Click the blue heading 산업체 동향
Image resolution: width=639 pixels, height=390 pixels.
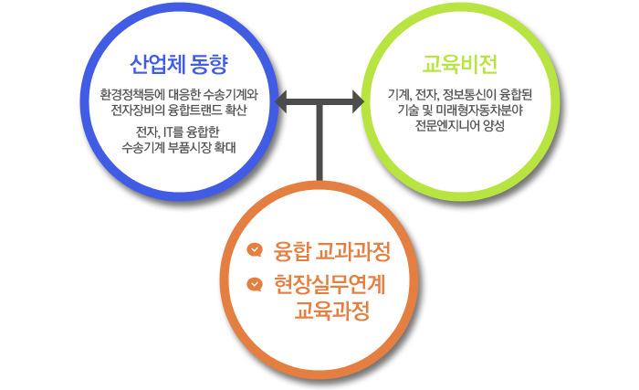pyautogui.click(x=179, y=65)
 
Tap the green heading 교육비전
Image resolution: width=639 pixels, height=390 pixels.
pyautogui.click(x=460, y=65)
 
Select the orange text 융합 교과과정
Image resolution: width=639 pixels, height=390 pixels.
pyautogui.click(x=332, y=251)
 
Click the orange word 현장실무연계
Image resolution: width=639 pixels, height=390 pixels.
pyautogui.click(x=330, y=284)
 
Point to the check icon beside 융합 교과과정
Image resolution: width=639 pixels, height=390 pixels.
pyautogui.click(x=255, y=249)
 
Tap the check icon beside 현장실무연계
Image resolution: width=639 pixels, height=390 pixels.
pyautogui.click(x=255, y=284)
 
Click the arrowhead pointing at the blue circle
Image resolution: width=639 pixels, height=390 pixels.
pyautogui.click(x=281, y=101)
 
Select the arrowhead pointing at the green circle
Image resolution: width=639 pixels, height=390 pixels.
pyautogui.click(x=358, y=101)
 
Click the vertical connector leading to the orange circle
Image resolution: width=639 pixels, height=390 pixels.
pyautogui.click(x=319, y=142)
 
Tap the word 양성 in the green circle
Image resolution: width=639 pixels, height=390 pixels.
pyautogui.click(x=494, y=125)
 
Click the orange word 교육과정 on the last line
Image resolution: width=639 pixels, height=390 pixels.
pyautogui.click(x=332, y=311)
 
